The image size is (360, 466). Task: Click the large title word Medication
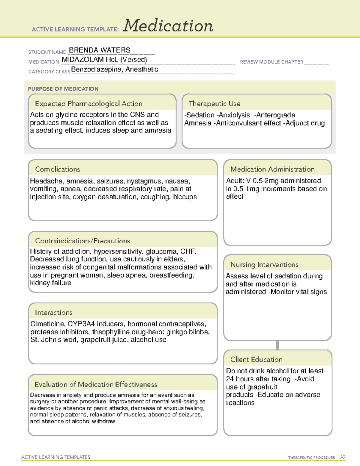point(168,26)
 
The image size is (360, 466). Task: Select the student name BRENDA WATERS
point(100,50)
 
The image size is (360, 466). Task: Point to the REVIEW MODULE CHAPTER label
point(271,62)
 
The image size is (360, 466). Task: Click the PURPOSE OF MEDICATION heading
point(63,89)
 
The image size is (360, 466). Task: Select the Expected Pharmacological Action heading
point(88,104)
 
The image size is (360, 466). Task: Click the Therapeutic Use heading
point(214,104)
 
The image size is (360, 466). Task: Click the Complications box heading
point(57,169)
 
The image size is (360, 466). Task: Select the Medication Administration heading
point(272,169)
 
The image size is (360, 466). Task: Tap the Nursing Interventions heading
point(264,265)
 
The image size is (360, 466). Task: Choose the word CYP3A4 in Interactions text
point(81,324)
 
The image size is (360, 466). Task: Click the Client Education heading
point(256,359)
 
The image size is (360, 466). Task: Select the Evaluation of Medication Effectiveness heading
point(96,384)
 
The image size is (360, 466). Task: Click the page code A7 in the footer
point(343,457)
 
